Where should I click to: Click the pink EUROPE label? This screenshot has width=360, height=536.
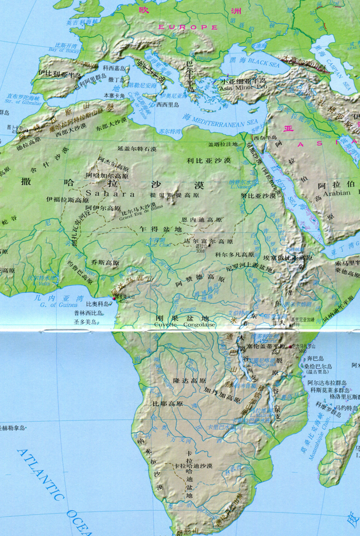tap(188, 27)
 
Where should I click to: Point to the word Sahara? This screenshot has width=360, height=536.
tap(111, 194)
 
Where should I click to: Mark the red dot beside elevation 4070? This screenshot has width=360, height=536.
tap(114, 298)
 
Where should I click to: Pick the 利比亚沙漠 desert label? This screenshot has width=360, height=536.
tap(208, 161)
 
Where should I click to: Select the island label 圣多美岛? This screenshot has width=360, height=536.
tap(86, 322)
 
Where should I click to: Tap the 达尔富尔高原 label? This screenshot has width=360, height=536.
tap(204, 241)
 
